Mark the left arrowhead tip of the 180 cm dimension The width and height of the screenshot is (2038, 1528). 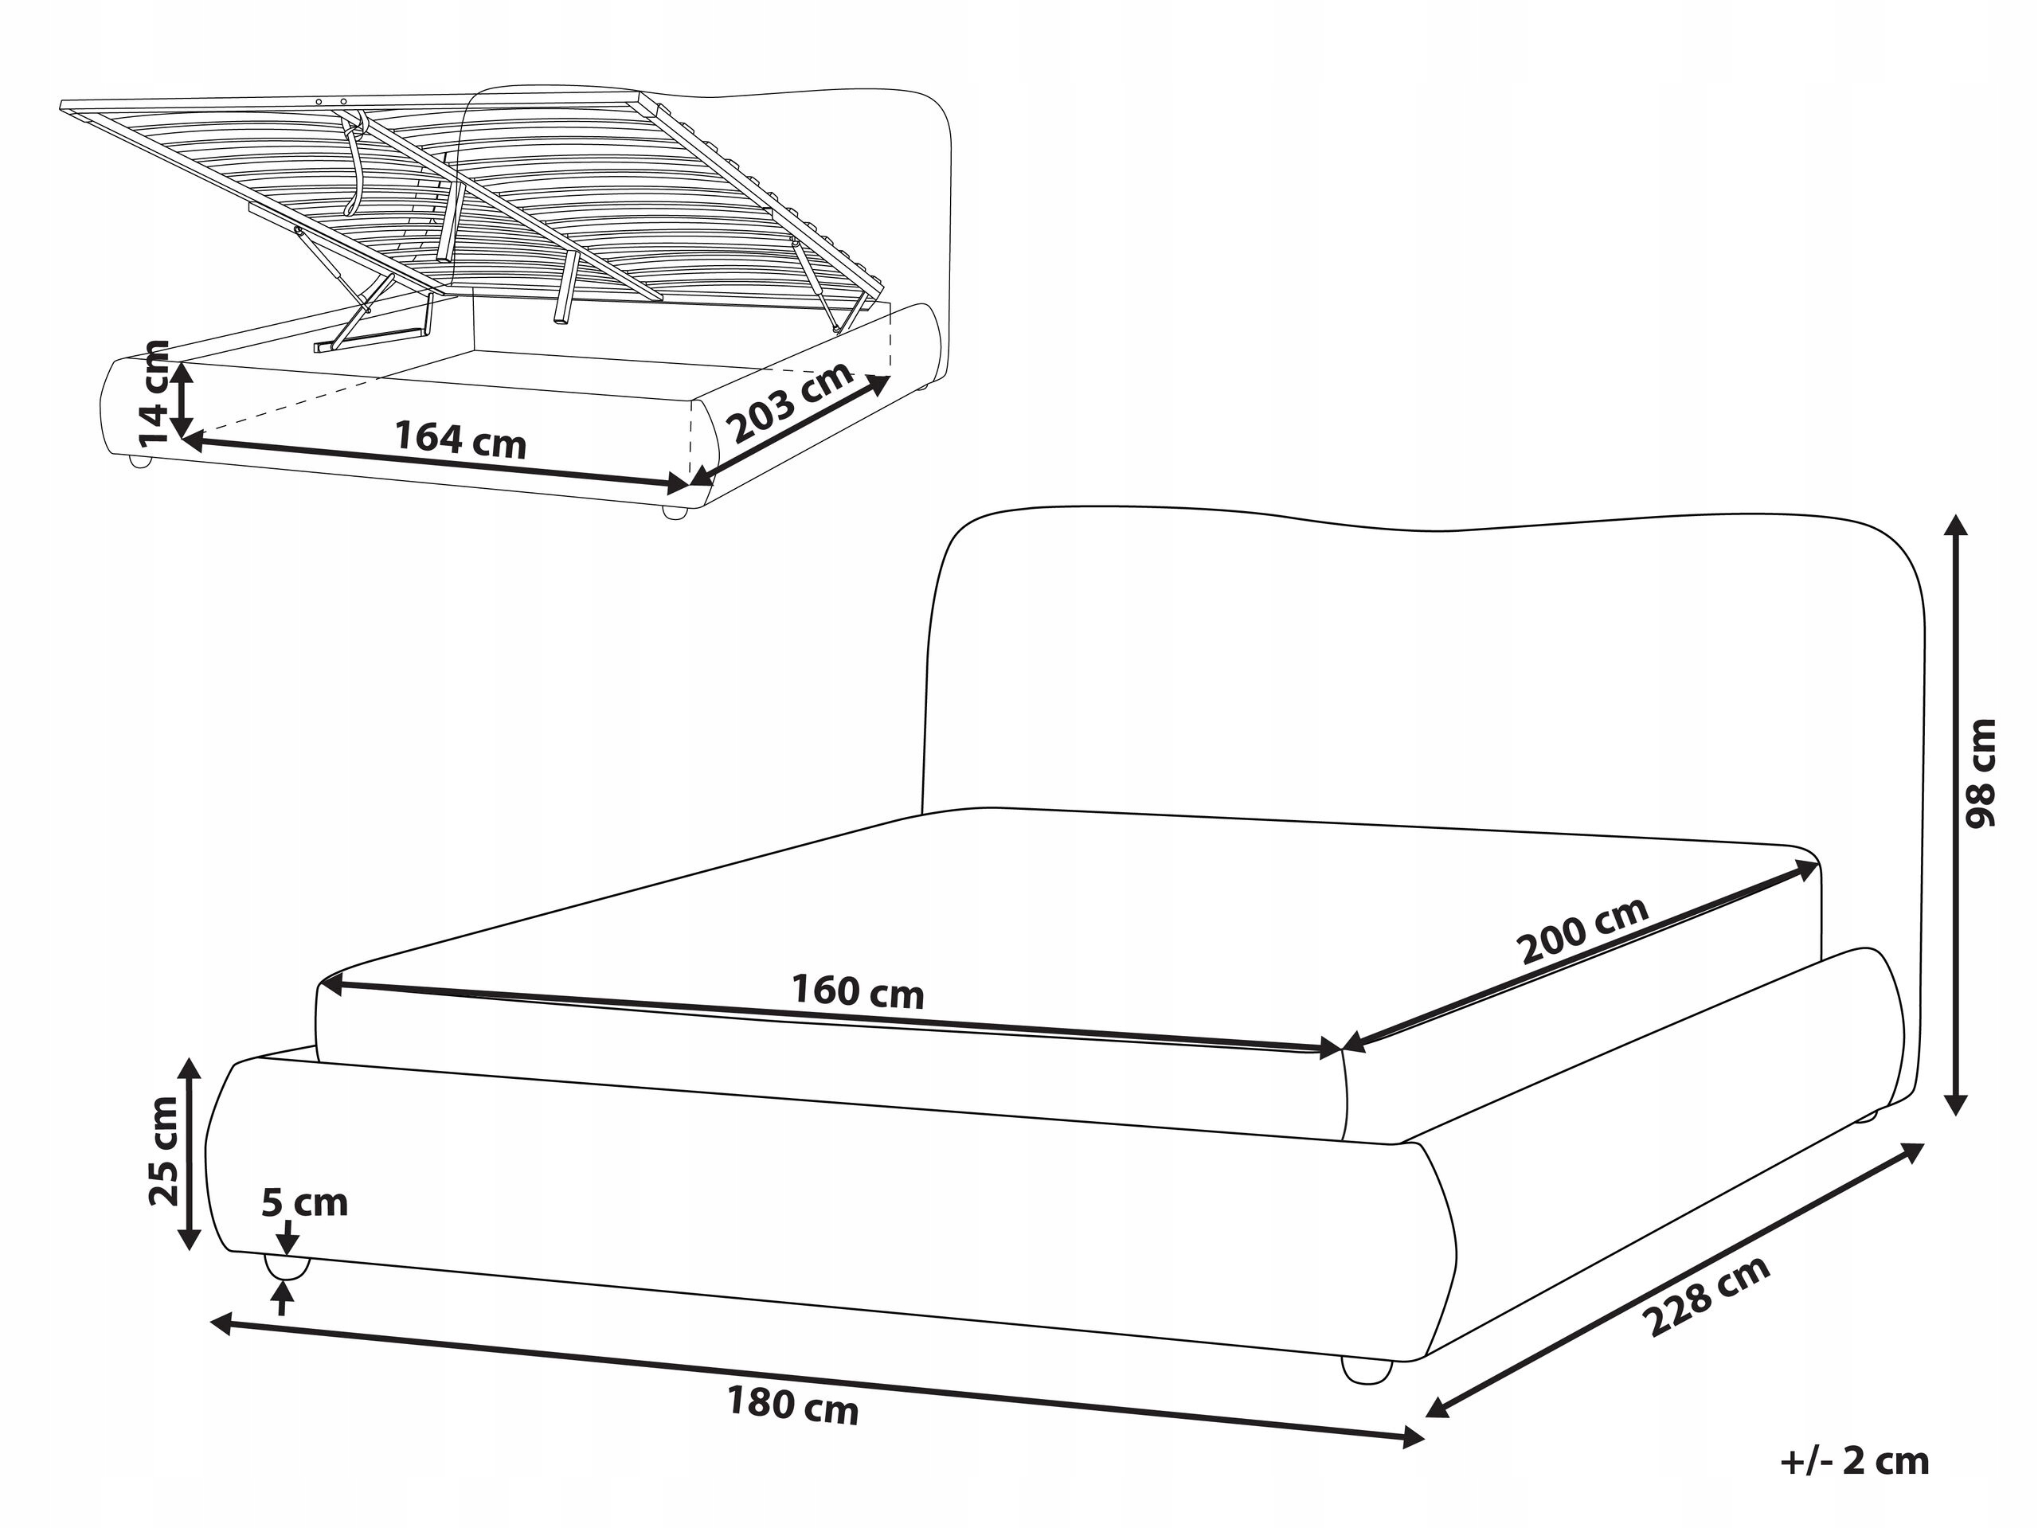pyautogui.click(x=211, y=1323)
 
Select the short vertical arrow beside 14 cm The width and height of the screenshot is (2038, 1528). pyautogui.click(x=183, y=399)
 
